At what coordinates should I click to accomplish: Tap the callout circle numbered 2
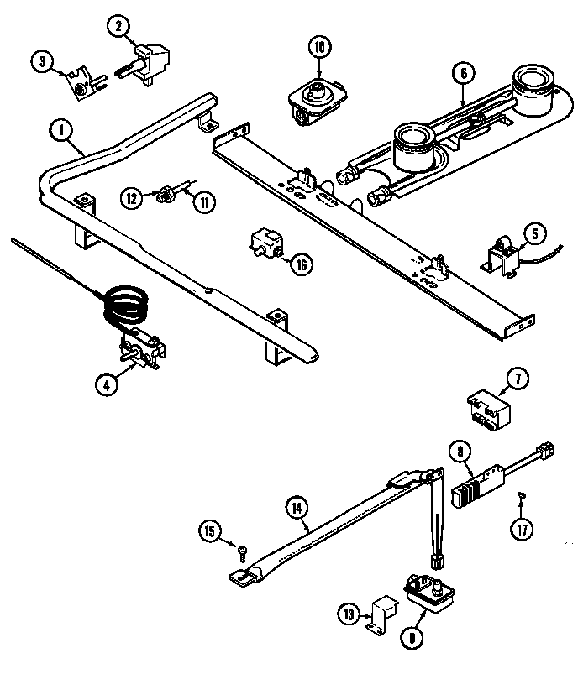pos(119,26)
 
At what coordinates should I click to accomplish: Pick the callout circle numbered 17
pos(523,530)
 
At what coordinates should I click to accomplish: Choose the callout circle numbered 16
pos(301,264)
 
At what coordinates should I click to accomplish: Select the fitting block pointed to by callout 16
pos(265,244)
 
